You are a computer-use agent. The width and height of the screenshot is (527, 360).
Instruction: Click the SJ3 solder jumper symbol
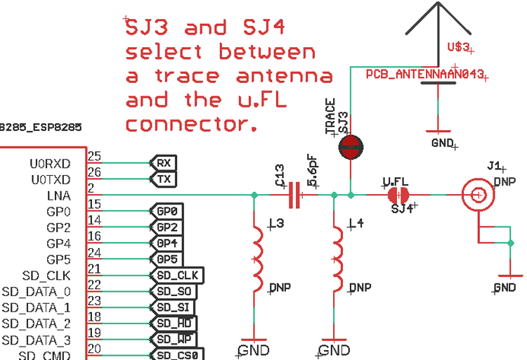click(x=351, y=146)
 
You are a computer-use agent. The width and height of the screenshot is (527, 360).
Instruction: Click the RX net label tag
click(x=164, y=162)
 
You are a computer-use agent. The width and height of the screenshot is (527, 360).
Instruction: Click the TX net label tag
click(x=164, y=179)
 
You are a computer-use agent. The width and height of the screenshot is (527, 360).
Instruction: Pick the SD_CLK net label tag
click(x=176, y=274)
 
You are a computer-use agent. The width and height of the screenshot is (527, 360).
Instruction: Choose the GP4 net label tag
click(x=167, y=243)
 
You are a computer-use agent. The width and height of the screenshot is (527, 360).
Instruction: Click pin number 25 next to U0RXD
click(x=94, y=156)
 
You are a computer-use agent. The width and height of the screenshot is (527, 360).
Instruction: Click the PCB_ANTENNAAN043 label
click(x=424, y=74)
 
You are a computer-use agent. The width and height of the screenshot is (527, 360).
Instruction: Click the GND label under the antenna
click(x=443, y=142)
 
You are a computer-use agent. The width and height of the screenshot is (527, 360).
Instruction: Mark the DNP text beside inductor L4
click(x=360, y=288)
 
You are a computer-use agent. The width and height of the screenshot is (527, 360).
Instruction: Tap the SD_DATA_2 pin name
click(x=36, y=323)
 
